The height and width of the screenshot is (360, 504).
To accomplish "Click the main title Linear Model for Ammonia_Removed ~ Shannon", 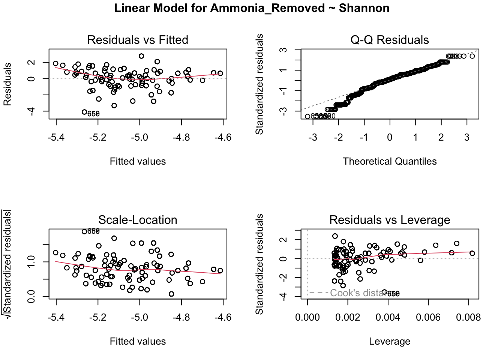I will pos(252,8).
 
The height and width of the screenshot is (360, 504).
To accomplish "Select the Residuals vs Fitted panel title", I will pos(138,40).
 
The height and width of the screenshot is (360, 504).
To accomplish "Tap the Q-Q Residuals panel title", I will pos(389,40).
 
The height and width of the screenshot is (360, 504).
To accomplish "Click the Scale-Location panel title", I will pos(138,220).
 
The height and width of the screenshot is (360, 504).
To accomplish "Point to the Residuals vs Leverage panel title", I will pos(389,220).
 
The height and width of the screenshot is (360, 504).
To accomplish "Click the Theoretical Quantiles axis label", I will pos(389,161).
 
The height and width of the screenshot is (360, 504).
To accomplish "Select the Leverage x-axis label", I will pos(389,341).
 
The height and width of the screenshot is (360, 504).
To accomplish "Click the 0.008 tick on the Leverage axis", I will pos(468,318).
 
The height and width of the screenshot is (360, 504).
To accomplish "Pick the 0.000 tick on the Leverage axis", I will pos(307,318).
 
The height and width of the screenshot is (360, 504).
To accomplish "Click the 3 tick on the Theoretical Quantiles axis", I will pos(466,138).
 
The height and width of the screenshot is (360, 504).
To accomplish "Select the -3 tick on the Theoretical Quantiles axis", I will pos(313,138).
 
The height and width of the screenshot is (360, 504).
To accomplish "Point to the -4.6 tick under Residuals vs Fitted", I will pos(223,138).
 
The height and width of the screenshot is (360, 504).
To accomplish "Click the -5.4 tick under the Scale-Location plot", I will pos(56,318).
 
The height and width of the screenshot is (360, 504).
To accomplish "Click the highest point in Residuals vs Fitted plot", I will pos(141,56).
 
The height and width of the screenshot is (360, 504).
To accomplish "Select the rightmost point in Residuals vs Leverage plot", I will pos(472,253).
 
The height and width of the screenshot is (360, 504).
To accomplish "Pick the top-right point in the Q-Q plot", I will pos(472,56).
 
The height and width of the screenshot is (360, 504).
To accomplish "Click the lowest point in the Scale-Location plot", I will pos(171,294).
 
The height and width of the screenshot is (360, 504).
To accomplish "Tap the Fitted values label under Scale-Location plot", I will pos(138,341).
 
